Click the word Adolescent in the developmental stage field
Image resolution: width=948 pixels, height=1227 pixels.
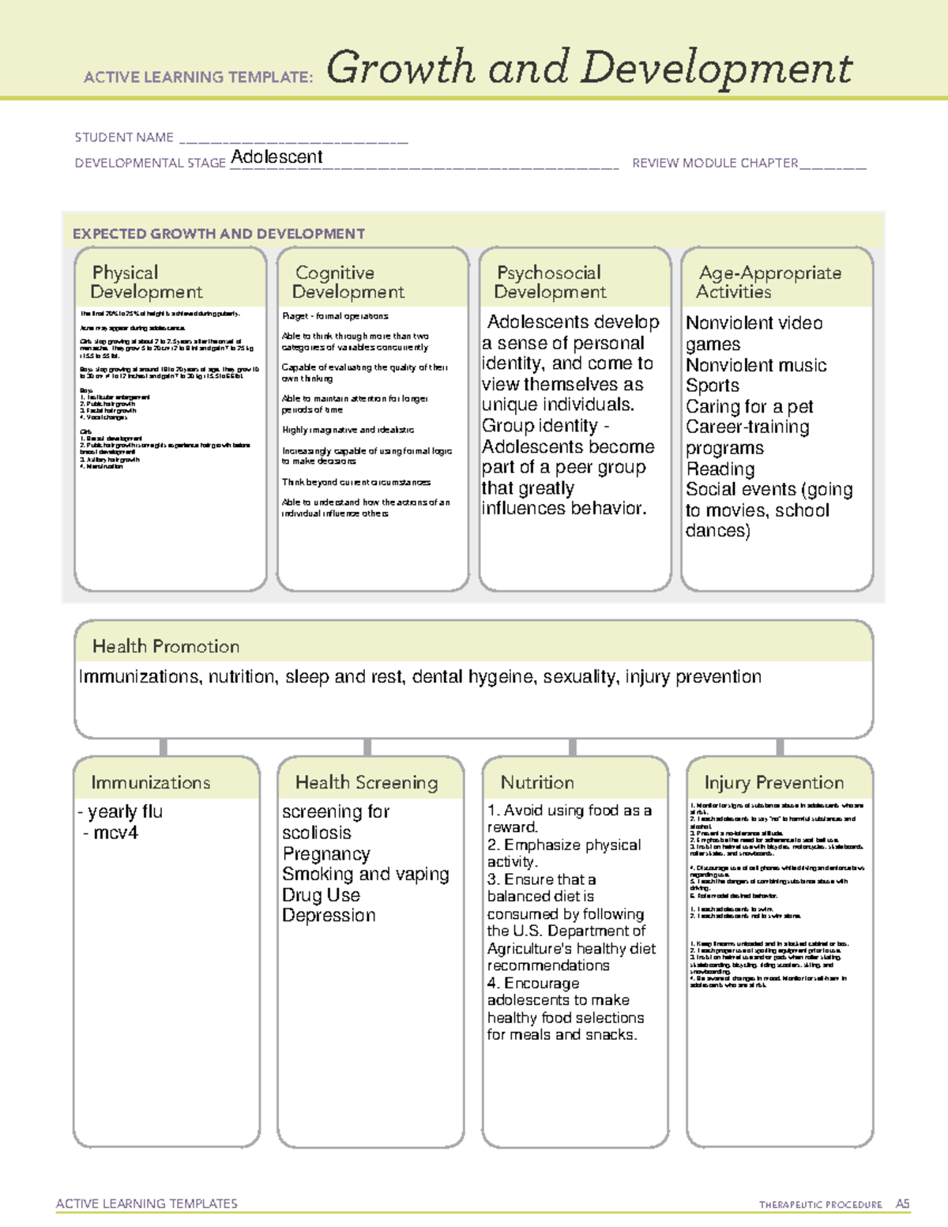click(276, 157)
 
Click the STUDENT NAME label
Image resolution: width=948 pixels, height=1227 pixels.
click(124, 137)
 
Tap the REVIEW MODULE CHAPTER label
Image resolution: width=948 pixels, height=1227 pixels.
click(715, 164)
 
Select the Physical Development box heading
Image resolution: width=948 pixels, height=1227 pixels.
click(146, 282)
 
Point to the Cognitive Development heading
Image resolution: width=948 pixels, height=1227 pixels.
click(348, 282)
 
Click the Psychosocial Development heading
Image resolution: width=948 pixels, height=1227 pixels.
click(550, 282)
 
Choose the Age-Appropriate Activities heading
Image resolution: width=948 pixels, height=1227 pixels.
click(769, 282)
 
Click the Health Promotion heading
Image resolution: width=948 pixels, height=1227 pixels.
click(166, 646)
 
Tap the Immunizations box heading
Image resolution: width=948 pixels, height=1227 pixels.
click(151, 782)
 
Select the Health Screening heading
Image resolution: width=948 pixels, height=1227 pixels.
click(367, 782)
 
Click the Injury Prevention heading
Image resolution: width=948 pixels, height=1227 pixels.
click(774, 782)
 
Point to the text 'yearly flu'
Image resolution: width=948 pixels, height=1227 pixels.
click(125, 811)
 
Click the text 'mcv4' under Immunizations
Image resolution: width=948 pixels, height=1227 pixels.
click(115, 833)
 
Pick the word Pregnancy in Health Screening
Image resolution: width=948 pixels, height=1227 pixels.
click(326, 854)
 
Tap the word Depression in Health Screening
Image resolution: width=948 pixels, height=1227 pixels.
click(329, 916)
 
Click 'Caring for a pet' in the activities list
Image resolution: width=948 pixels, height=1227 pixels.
click(749, 407)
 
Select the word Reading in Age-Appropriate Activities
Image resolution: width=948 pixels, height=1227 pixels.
click(720, 469)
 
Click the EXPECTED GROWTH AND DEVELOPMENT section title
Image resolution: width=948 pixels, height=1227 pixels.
click(219, 234)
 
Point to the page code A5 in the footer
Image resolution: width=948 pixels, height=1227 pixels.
click(902, 1204)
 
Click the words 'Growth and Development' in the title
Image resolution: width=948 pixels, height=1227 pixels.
click(589, 68)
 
